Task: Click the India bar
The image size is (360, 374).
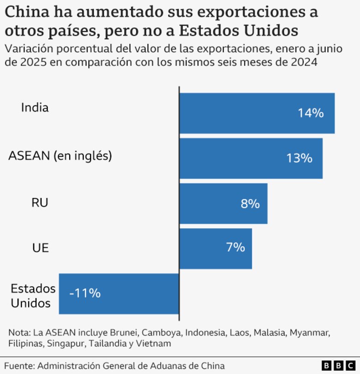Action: point(257,113)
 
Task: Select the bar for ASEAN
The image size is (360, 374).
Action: point(251,158)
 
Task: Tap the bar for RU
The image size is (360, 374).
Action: point(223,204)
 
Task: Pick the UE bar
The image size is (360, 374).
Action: point(216,248)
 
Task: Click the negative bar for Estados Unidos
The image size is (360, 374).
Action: point(119,294)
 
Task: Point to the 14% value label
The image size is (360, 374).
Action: point(311,113)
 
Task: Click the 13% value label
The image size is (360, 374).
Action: point(299,158)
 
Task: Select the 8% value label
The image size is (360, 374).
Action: point(250,204)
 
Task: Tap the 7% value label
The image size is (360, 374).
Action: point(235,247)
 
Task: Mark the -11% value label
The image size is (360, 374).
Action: point(85,293)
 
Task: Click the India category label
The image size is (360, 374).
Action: point(35,108)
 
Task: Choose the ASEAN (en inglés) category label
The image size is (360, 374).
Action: point(60,156)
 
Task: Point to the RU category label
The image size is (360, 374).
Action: point(40,203)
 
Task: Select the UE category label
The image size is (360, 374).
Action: point(40,248)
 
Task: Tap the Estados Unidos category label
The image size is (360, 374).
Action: point(33,296)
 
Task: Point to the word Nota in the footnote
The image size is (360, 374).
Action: point(18,332)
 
